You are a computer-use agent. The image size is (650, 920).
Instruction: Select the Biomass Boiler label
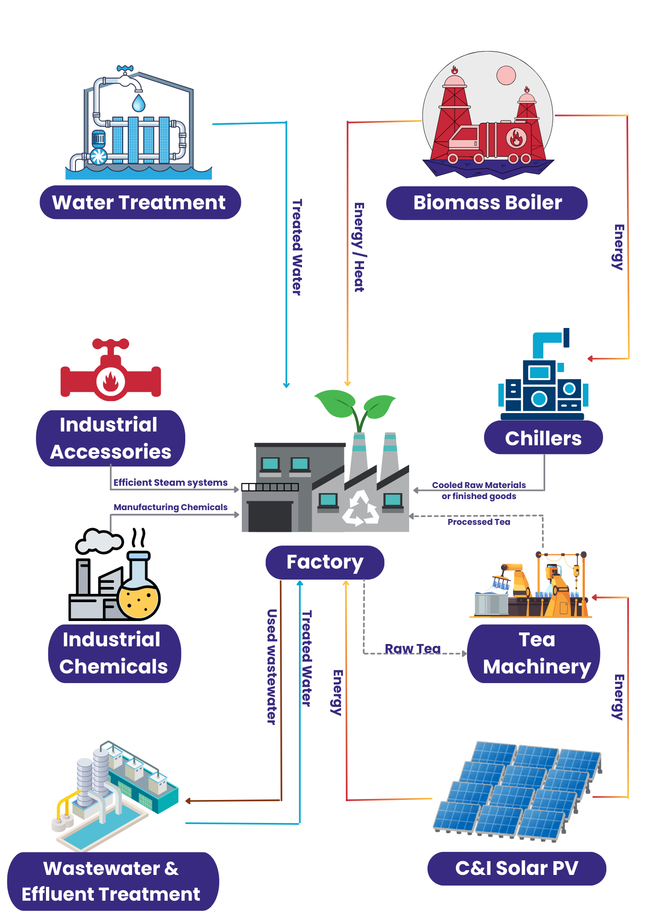487,203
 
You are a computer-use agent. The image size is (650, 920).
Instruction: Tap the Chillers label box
543,438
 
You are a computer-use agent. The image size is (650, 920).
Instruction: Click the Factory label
325,562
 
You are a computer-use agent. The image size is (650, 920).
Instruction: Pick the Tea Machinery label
534,653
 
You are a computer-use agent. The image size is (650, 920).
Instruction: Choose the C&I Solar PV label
517,868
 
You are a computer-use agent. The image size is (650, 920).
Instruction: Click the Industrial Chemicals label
114,653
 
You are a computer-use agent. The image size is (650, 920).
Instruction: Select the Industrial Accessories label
110,438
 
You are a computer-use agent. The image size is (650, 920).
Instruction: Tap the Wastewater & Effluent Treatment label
112,881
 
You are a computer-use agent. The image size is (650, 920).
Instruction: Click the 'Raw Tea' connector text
412,649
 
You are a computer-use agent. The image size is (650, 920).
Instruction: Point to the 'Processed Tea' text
479,522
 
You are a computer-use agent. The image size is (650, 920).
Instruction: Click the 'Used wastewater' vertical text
272,667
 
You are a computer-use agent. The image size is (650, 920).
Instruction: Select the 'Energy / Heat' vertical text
359,247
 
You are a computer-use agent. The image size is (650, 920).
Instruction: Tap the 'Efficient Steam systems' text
170,483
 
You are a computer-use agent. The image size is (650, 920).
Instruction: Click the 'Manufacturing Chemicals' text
170,507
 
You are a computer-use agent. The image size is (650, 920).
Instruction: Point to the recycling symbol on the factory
361,508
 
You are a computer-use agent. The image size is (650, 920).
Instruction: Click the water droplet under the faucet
138,103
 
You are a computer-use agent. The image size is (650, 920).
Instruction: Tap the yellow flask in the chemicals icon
138,596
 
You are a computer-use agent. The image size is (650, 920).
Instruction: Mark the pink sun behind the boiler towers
506,75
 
